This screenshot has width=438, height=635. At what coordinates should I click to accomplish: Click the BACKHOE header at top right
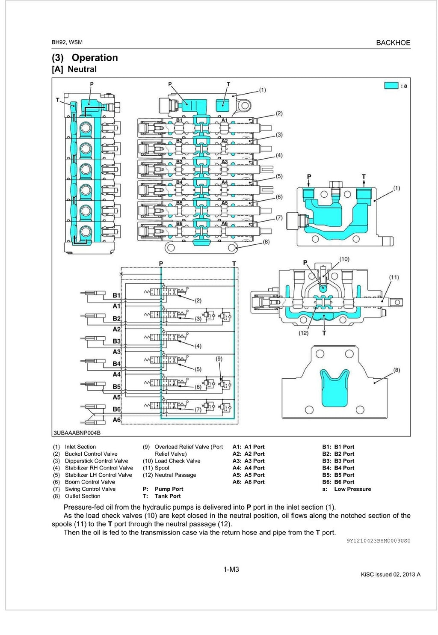pyautogui.click(x=393, y=43)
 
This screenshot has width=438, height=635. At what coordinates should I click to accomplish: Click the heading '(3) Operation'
pyautogui.click(x=85, y=58)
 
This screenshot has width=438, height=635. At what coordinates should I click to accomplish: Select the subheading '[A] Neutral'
pyautogui.click(x=74, y=69)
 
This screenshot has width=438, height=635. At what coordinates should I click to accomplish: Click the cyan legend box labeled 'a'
pyautogui.click(x=391, y=86)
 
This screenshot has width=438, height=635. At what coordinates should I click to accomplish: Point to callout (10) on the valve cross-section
pyautogui.click(x=344, y=259)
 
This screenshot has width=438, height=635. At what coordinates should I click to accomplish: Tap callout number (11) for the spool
pyautogui.click(x=394, y=277)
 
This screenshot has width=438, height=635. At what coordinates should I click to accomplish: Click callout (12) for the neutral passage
pyautogui.click(x=303, y=333)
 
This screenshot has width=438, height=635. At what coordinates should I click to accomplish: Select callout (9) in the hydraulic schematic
pyautogui.click(x=219, y=359)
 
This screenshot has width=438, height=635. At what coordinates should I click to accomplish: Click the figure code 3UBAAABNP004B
pyautogui.click(x=77, y=433)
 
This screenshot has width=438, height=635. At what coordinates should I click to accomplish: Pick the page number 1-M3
pyautogui.click(x=231, y=569)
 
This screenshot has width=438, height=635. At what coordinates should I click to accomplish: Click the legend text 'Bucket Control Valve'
pyautogui.click(x=91, y=454)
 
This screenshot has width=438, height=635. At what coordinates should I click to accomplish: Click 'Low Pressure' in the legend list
pyautogui.click(x=352, y=489)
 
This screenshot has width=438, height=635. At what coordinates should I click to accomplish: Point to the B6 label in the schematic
pyautogui.click(x=116, y=409)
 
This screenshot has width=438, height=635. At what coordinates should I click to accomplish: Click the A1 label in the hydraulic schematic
pyautogui.click(x=116, y=306)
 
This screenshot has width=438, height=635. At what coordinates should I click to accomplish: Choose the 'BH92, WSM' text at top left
pyautogui.click(x=67, y=42)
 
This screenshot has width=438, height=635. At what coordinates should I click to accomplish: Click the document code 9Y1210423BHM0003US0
pyautogui.click(x=378, y=541)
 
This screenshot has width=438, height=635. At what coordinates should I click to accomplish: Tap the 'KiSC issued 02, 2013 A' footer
pyautogui.click(x=391, y=575)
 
